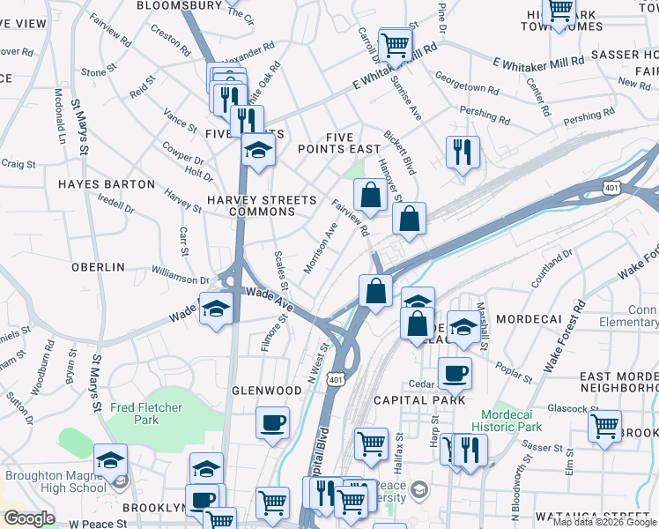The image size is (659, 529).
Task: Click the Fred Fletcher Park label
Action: click(x=146, y=414)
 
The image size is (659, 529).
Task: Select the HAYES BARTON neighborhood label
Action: click(x=107, y=184)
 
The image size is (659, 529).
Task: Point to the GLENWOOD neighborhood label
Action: click(x=266, y=390)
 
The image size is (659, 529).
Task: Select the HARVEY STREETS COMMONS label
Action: click(x=261, y=205)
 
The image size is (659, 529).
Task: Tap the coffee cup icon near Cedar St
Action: click(x=455, y=373)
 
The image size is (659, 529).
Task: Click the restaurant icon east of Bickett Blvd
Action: click(x=462, y=152)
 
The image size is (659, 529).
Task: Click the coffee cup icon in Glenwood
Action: click(x=272, y=422)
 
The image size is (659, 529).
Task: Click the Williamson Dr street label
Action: click(x=180, y=278)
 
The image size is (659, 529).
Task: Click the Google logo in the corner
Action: click(x=29, y=518)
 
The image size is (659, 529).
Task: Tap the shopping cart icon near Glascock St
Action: click(x=604, y=426)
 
